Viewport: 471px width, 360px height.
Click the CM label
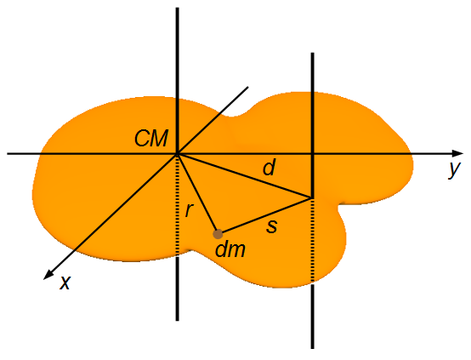pos(151,139)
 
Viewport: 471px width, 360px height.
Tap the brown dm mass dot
pos(218,234)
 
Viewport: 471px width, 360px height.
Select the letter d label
pos(270,167)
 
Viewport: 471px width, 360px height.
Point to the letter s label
pos(272,226)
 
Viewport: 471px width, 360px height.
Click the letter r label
pos(189,210)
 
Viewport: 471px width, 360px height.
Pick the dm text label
pos(230,249)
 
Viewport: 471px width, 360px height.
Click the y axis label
pos(455,170)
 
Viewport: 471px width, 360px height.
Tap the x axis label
pos(65,283)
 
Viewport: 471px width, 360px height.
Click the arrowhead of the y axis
pos(457,153)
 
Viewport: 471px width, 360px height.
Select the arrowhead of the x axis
pos(48,275)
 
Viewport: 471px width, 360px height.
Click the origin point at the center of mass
pos(178,154)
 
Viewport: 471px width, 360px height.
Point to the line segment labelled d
pos(244,176)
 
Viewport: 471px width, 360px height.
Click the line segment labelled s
pos(266,215)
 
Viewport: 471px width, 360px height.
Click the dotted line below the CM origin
pos(177,206)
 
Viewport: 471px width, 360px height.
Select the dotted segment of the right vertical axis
pos(312,241)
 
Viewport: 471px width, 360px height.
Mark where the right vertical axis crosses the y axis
pos(312,154)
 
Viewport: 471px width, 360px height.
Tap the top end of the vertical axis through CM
pos(177,9)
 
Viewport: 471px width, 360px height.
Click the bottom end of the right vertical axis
pos(313,348)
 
